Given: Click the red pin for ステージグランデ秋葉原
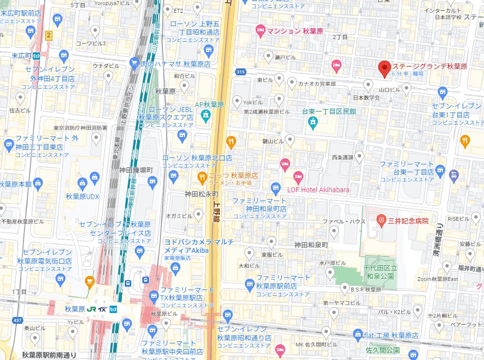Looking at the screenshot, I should click(385, 69).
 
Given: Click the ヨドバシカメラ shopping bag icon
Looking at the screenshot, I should click(175, 267).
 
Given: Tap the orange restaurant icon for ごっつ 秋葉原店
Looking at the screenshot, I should click(201, 177).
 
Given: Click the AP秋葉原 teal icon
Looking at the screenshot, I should click(205, 115).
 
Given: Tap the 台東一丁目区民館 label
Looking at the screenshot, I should click(329, 112).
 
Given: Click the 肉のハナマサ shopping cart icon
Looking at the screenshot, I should click(135, 62).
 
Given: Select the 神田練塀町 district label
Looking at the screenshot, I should click(136, 170).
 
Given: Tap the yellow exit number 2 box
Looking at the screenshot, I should click(48, 35).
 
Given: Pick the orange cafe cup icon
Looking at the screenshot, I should click(90, 281).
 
